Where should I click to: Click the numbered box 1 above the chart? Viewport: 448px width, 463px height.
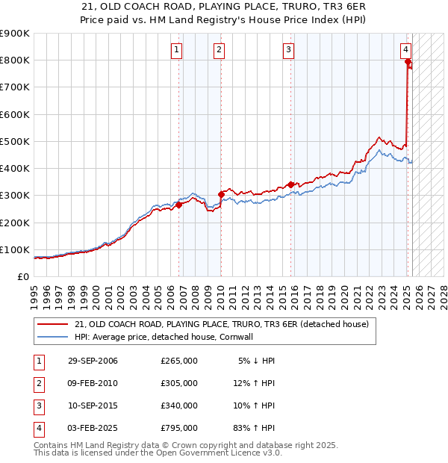[177, 50]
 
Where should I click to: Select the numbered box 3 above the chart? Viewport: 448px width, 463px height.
[287, 50]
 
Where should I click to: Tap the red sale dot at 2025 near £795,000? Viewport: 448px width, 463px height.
[408, 62]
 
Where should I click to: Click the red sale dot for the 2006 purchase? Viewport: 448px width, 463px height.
[178, 205]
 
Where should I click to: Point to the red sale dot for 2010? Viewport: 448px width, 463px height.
[221, 194]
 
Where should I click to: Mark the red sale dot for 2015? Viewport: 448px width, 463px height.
[290, 184]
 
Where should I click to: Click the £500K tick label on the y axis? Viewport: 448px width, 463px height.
[14, 141]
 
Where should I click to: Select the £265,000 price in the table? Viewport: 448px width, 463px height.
[179, 361]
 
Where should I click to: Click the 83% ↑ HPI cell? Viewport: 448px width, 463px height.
[257, 428]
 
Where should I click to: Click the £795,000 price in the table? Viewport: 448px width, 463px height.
[179, 428]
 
